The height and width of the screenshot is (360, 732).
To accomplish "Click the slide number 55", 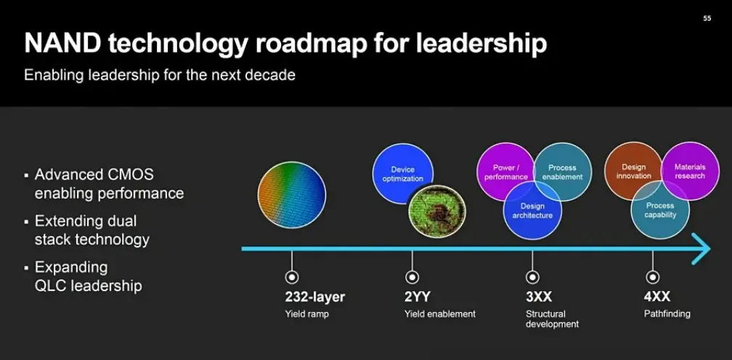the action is [x=707, y=18].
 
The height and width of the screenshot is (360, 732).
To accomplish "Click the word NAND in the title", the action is [x=62, y=44].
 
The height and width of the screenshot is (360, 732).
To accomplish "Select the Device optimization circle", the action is [x=403, y=173].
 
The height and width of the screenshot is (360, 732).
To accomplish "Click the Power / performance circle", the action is [x=505, y=171].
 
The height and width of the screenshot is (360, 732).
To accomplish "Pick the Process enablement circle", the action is [x=563, y=171].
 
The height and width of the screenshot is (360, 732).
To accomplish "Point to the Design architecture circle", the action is [x=533, y=210].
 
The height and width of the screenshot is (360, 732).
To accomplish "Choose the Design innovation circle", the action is [x=633, y=171].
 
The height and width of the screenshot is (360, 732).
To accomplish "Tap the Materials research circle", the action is [x=690, y=171].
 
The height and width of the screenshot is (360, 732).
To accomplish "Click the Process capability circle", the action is [x=660, y=210].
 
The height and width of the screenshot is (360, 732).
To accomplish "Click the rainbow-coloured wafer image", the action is [x=292, y=195].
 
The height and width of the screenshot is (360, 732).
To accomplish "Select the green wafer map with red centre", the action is [x=437, y=211].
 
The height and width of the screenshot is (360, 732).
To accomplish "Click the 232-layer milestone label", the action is [x=315, y=297].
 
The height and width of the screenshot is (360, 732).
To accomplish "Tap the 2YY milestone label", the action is [x=418, y=297].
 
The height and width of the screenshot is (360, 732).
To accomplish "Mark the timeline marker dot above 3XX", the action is [x=532, y=277].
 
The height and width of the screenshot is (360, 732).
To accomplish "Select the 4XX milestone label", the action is [x=657, y=297].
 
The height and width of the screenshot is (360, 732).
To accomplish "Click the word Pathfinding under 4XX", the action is [x=667, y=314].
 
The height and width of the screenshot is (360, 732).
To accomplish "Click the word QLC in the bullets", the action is [x=52, y=285].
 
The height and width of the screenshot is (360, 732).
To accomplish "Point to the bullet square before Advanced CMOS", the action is [x=26, y=176].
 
